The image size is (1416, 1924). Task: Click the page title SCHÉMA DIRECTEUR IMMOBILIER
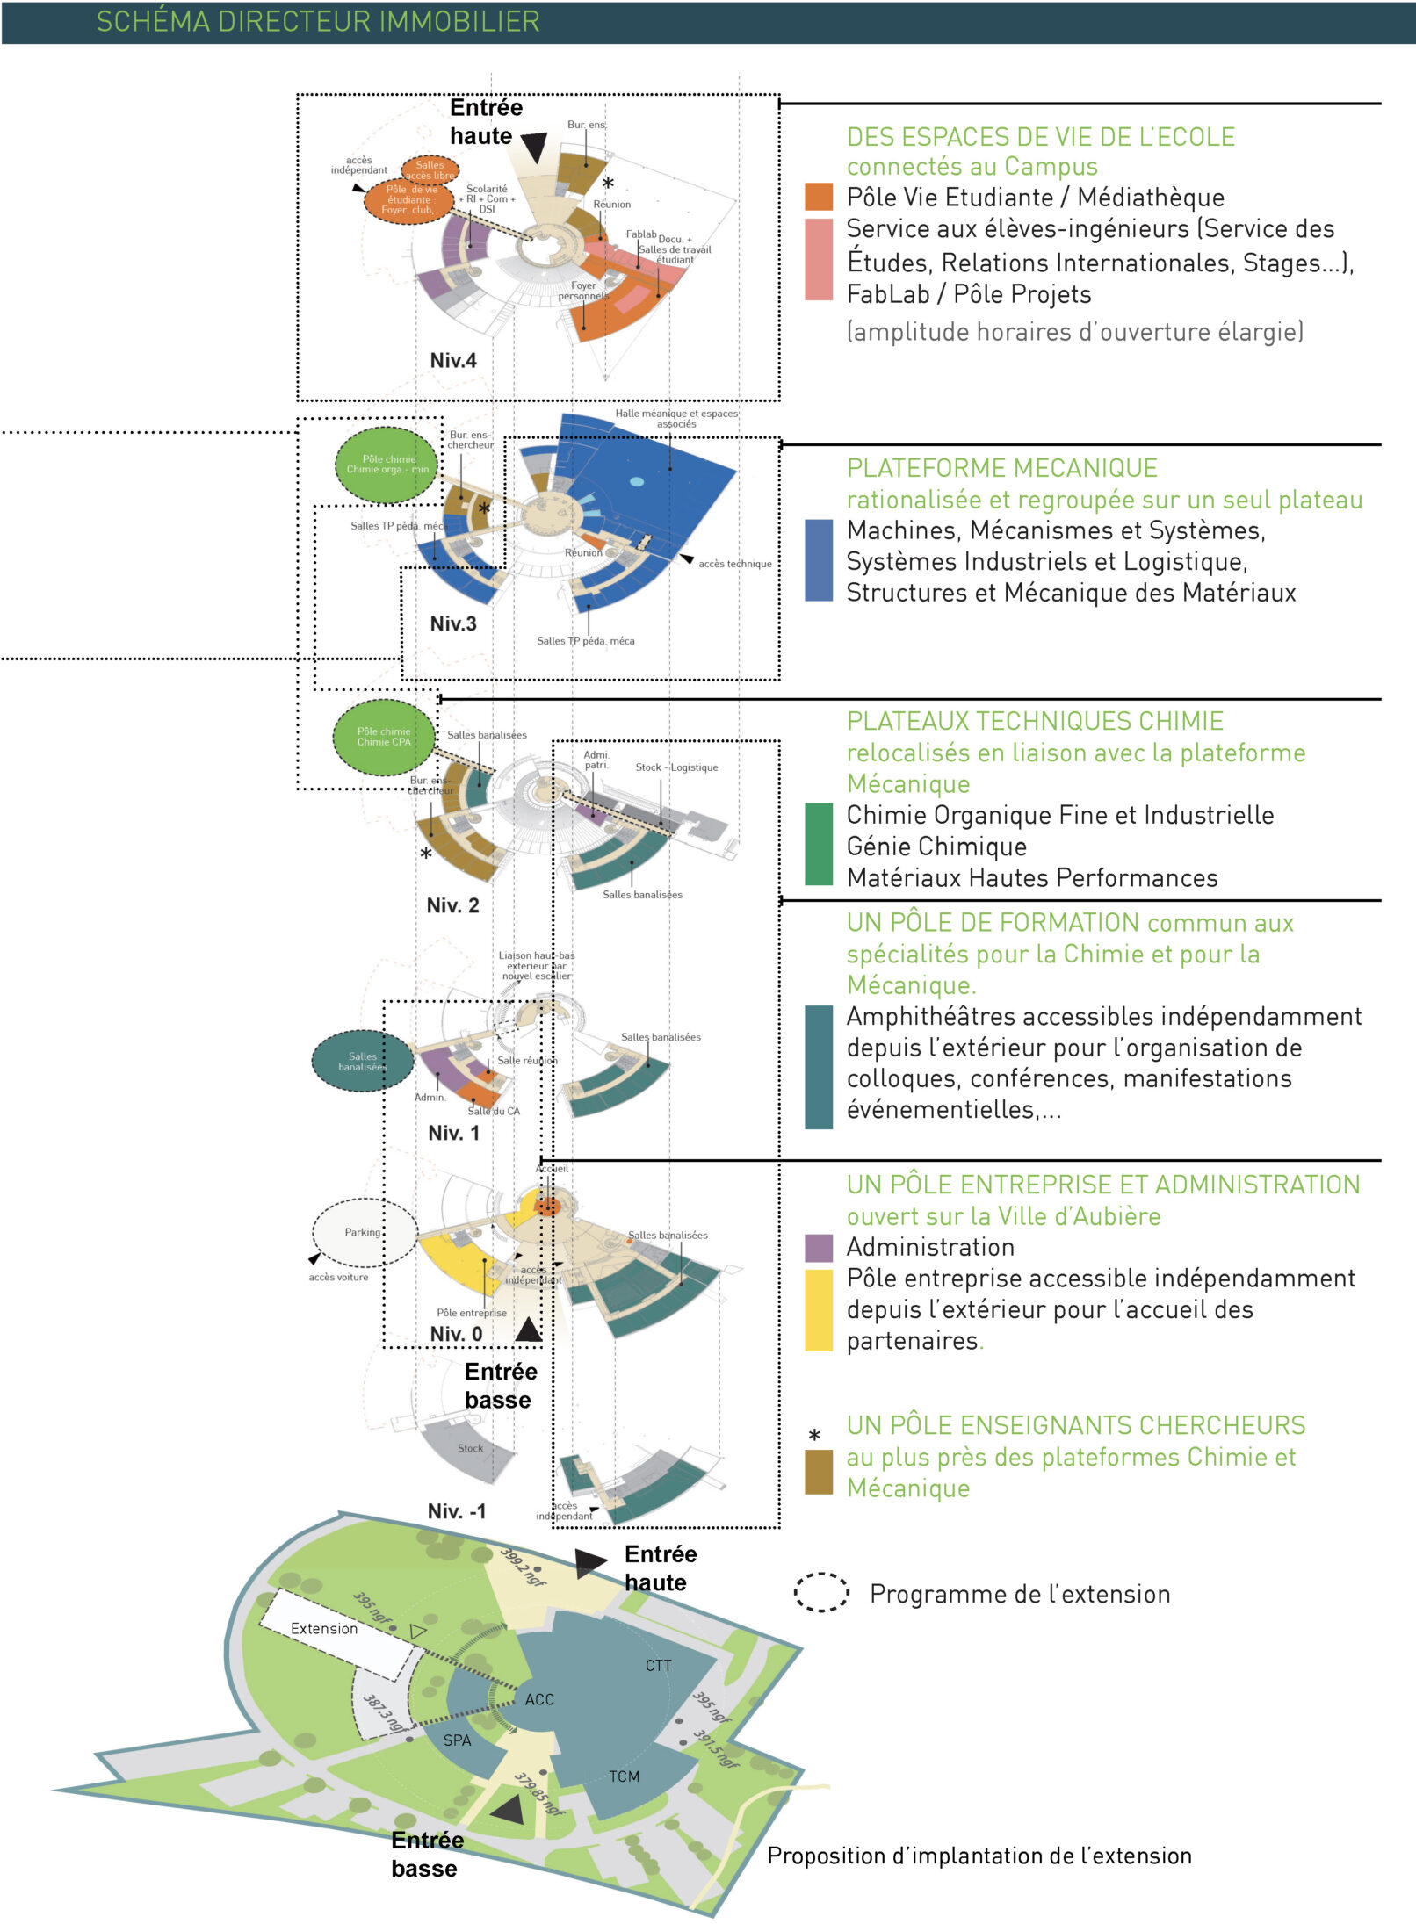coord(317,21)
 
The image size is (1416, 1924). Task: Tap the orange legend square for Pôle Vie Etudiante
coord(818,197)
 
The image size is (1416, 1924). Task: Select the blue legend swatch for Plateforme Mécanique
coord(818,560)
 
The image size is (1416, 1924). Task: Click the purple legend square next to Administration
coord(818,1247)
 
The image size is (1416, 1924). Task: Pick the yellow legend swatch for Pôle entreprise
coord(818,1309)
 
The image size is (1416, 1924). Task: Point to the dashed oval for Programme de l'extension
coord(821,1592)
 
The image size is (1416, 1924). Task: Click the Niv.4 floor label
coord(453,360)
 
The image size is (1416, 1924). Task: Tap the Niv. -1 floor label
coord(456,1511)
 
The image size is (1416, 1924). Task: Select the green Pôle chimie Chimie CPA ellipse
coord(384,737)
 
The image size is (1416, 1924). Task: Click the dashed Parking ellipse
coord(363,1232)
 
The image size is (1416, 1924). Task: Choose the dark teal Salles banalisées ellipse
coord(362,1062)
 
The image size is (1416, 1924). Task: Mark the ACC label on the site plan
coord(539,1700)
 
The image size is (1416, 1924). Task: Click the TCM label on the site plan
coord(624,1776)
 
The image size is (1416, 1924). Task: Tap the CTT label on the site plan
coord(658,1666)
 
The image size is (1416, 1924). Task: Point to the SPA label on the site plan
coord(457,1740)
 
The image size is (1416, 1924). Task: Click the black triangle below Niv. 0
coord(528,1330)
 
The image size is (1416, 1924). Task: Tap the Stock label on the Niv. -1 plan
coord(470,1448)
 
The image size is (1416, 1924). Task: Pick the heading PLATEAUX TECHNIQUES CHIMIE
coord(1034,721)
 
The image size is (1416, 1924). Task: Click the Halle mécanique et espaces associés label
coord(675,418)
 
